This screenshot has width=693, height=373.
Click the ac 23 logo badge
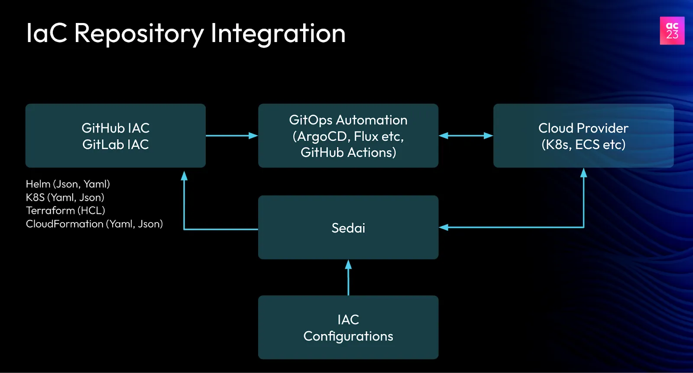672,31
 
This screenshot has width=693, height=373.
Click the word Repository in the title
139,34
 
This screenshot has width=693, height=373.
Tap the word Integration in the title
278,34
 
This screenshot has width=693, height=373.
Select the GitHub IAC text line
116,128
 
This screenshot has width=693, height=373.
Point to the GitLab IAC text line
116,144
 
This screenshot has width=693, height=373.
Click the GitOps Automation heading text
348,120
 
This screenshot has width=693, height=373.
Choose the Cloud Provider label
583,128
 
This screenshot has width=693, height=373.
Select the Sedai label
348,228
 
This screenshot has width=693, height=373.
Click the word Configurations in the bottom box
348,336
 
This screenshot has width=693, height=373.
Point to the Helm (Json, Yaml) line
68,184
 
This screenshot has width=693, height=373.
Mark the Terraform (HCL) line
65,211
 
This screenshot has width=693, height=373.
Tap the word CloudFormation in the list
65,224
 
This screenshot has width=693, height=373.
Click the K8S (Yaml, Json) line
65,197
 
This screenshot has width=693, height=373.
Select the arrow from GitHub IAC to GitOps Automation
232,136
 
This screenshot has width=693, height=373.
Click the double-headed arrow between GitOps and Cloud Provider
466,136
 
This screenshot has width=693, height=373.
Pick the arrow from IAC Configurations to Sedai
348,278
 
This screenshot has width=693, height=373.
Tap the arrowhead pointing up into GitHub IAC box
184,176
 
